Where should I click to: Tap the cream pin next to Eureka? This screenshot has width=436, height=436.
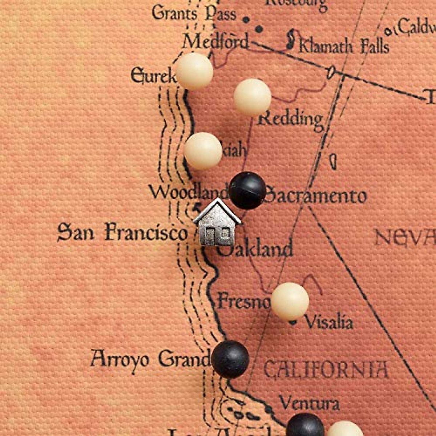[x=194, y=71]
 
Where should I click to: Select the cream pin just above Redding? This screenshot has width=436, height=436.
[x=252, y=97]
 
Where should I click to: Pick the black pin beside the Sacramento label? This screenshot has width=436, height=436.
[x=247, y=190]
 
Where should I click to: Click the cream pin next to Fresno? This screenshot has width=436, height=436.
[x=290, y=301]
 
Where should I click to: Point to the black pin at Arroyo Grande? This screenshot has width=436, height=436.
[x=230, y=359]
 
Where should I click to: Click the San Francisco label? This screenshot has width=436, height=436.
[x=122, y=233]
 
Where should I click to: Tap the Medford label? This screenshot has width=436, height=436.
[x=216, y=42]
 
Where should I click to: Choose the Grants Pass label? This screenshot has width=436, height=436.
[x=194, y=14]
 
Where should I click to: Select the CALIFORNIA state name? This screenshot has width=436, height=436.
[x=326, y=370]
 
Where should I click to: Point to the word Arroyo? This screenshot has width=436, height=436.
[x=120, y=359]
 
